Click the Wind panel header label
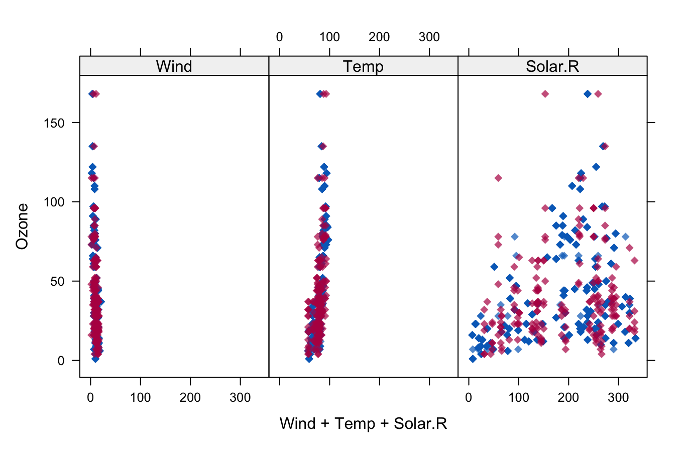(x=174, y=66)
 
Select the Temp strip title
(x=363, y=66)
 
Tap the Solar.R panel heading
(x=552, y=66)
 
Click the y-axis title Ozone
(x=22, y=226)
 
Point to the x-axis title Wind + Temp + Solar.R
(x=363, y=423)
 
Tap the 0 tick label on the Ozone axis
(x=61, y=361)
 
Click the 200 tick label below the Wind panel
(x=190, y=398)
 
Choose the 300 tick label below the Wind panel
(x=240, y=398)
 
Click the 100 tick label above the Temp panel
(x=329, y=37)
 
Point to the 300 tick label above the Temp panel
(x=429, y=37)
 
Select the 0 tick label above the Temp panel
(x=279, y=37)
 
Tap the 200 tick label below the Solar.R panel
(x=568, y=398)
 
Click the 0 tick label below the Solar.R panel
(x=469, y=398)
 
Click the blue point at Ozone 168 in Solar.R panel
(x=588, y=94)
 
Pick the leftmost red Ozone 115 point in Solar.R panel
(x=498, y=178)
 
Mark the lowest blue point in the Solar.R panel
(x=473, y=359)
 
